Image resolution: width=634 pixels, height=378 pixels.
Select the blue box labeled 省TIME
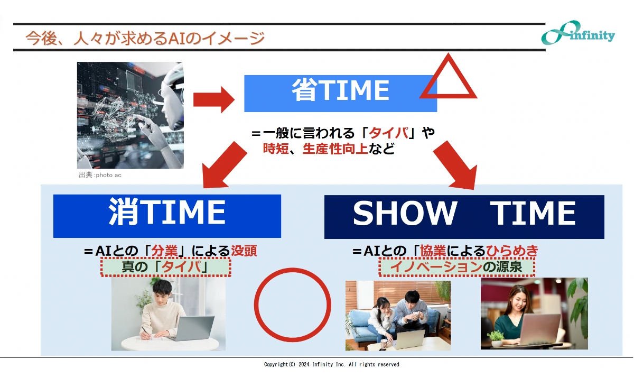[x=340, y=92]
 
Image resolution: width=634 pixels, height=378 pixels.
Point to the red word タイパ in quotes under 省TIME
[x=388, y=133]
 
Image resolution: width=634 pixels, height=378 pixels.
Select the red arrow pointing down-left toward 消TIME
[x=224, y=164]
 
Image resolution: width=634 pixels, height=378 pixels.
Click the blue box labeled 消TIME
[x=167, y=216]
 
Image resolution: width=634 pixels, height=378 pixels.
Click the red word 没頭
[x=244, y=251]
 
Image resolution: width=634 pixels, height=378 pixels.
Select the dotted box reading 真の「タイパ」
[x=166, y=268]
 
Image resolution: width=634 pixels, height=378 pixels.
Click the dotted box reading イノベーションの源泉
[x=456, y=268]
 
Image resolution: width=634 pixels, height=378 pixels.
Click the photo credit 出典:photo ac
[x=100, y=175]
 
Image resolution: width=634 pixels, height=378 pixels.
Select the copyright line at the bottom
[x=331, y=365]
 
